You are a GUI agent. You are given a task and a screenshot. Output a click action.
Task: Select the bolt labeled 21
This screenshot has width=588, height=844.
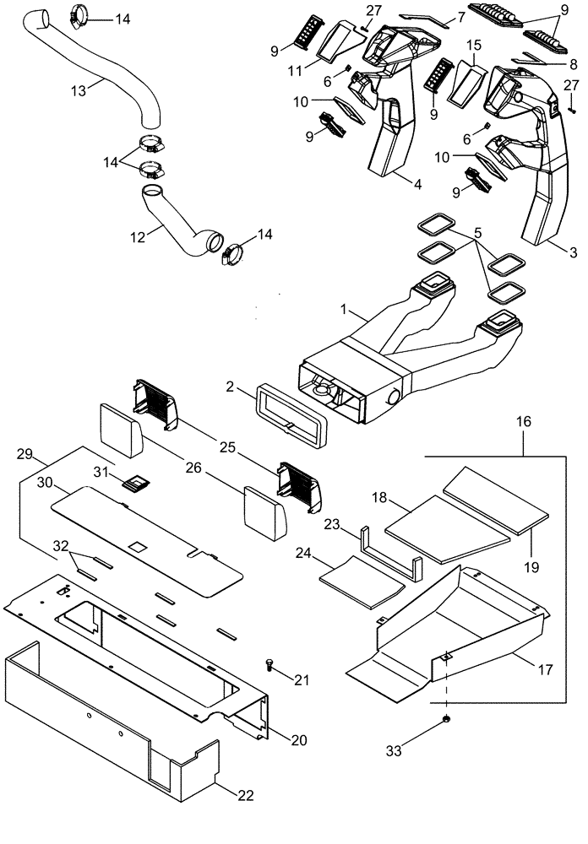coord(268,665)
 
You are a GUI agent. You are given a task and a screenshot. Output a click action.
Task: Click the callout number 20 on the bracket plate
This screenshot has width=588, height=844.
coord(298,739)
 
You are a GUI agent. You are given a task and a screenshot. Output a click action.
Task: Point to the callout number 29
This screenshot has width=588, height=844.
coord(24,453)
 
